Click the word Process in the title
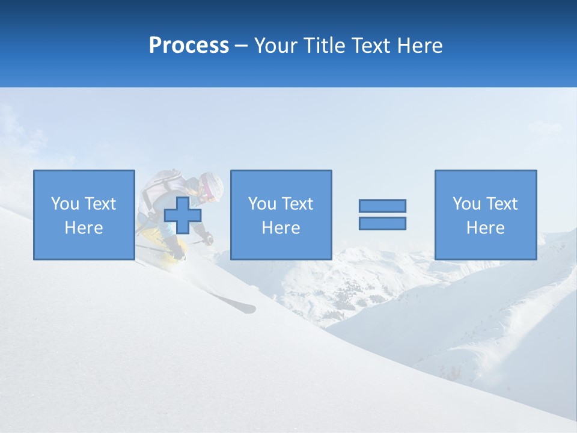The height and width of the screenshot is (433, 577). point(189,46)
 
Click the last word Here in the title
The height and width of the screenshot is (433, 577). point(420,46)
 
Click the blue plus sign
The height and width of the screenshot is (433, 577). point(183,215)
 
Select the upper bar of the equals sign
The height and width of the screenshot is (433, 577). point(382,206)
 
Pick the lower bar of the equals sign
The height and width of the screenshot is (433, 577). point(382,223)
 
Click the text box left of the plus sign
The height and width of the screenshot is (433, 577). point(84,215)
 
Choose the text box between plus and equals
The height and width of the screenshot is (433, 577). point(281,215)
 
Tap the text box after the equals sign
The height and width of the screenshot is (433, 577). point(485,215)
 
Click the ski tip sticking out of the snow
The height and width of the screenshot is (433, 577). point(243,307)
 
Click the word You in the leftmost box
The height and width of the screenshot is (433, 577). point(65,204)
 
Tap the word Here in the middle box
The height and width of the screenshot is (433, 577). point(281,228)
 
